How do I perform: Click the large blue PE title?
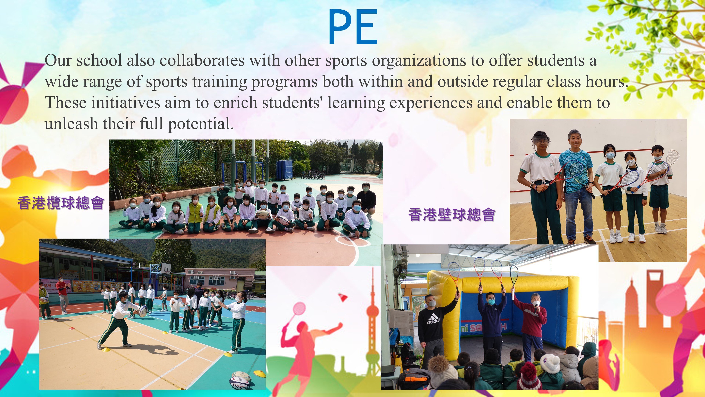tap(353, 27)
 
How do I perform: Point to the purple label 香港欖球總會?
tap(61, 203)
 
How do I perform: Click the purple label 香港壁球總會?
tap(452, 214)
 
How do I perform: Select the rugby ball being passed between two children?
tap(143, 311)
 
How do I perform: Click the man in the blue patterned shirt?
tap(576, 186)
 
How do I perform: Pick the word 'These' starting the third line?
tap(66, 103)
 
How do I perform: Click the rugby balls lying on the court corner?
tap(240, 380)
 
